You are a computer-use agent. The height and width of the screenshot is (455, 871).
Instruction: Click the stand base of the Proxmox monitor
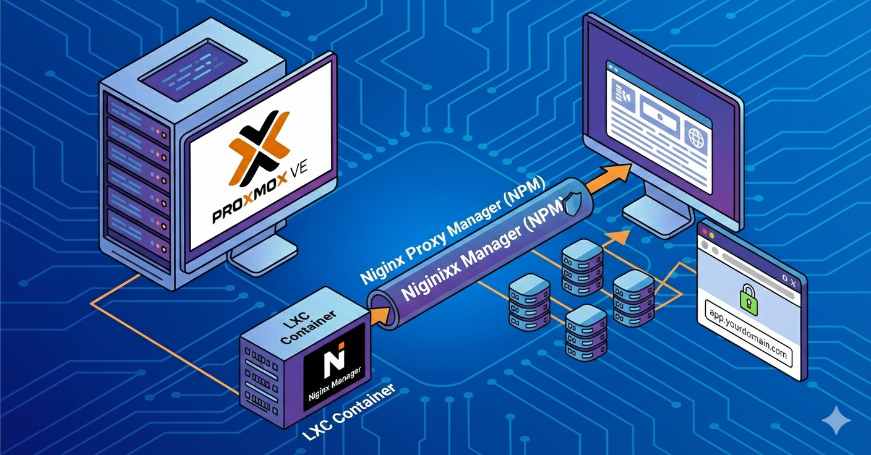tap(262, 260)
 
